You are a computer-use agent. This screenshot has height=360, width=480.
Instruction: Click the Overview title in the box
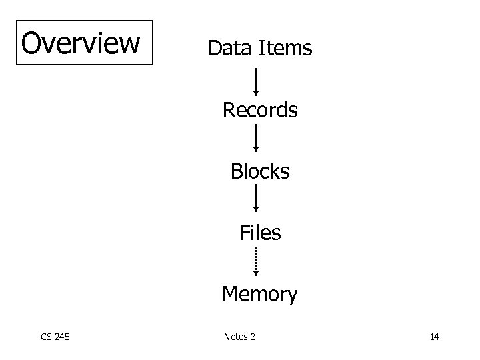pos(81,43)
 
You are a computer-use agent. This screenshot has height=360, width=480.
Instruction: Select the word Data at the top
pos(229,48)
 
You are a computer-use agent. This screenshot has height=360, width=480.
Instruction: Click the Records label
pos(260,110)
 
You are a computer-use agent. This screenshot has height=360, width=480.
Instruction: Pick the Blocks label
pos(260,171)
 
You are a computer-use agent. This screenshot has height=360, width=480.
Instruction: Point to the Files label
pos(260,233)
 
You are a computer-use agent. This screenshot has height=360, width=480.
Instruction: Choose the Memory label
pos(260,294)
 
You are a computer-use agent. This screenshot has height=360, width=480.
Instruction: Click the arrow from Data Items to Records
pos(256,80)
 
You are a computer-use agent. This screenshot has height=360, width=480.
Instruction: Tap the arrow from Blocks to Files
pos(256,199)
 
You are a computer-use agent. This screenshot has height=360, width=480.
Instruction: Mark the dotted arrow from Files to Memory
pos(256,261)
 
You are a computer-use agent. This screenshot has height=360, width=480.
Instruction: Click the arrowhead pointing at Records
pos(256,95)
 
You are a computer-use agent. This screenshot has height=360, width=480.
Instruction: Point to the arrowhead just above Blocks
pos(256,151)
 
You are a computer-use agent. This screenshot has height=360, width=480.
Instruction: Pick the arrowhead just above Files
pos(256,209)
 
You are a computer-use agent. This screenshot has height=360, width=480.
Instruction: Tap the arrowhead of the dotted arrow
pos(256,272)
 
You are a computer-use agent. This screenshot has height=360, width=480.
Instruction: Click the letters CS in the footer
pos(45,337)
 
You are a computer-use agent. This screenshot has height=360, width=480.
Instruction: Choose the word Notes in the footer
pos(235,337)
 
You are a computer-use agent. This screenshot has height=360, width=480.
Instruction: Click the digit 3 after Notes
pos(253,337)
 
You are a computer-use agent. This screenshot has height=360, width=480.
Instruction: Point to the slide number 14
pos(434,337)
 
